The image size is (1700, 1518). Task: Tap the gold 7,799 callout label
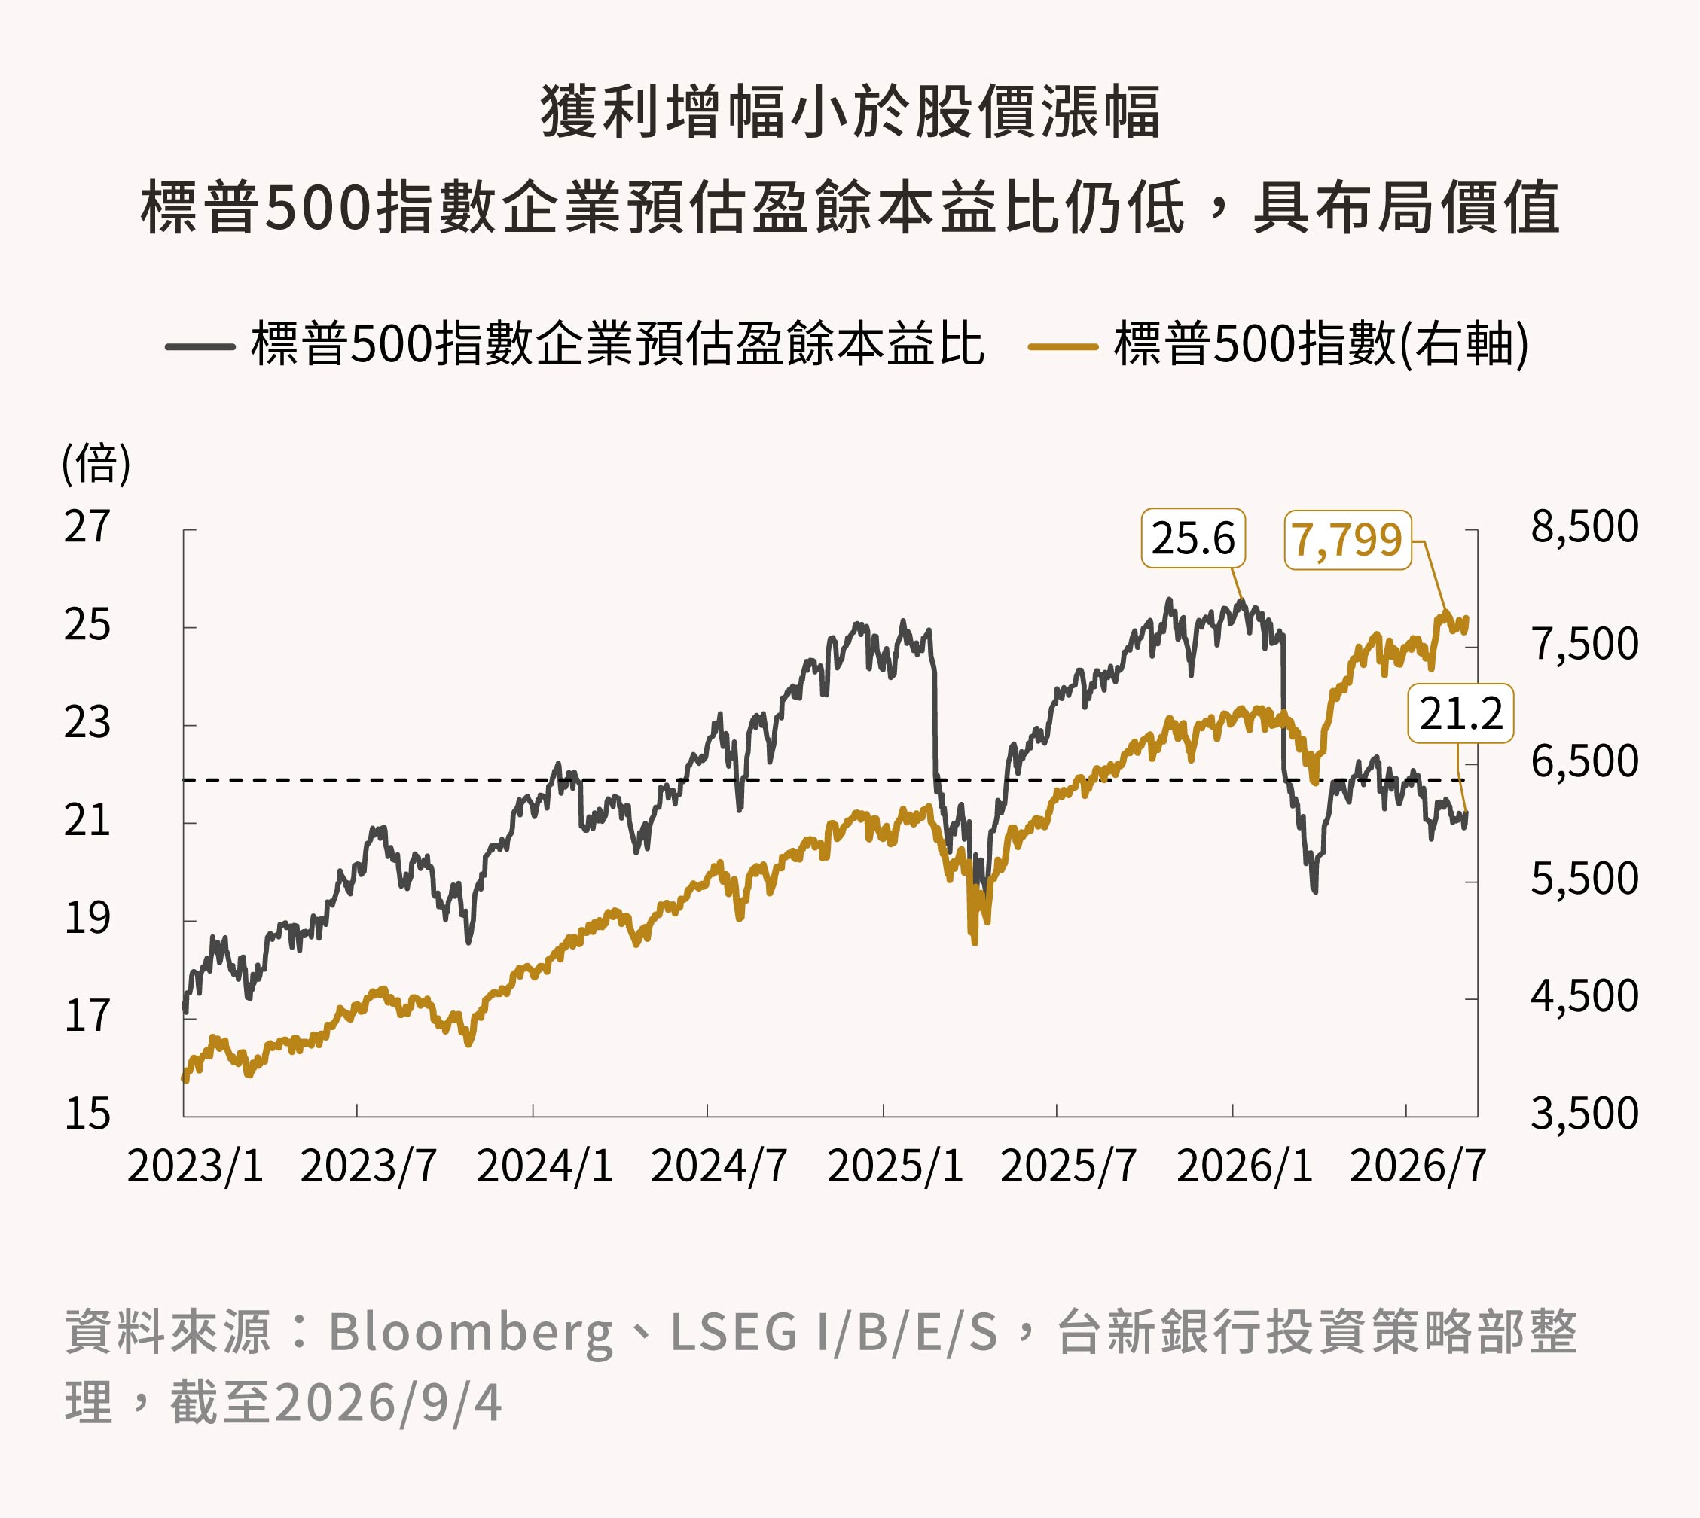point(1347,540)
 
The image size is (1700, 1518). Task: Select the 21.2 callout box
point(1460,713)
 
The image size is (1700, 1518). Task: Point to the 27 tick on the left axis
point(87,527)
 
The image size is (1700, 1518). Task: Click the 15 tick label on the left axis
point(87,1114)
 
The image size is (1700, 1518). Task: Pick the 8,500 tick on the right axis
point(1584,527)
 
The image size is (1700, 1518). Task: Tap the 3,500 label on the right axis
point(1584,1114)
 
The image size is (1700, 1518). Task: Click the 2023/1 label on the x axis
point(195,1166)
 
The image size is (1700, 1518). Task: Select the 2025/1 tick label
point(895,1166)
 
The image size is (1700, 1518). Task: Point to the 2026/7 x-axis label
point(1418,1166)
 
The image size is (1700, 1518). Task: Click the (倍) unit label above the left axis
point(96,464)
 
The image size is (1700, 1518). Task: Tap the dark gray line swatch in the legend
point(200,346)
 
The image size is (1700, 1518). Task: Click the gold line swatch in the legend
point(1063,346)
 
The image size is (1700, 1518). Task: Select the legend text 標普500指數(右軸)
point(1321,344)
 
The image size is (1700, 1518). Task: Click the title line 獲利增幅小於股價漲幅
point(850,111)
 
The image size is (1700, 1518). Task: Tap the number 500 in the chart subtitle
point(316,208)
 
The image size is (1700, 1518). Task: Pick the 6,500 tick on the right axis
point(1584,762)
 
